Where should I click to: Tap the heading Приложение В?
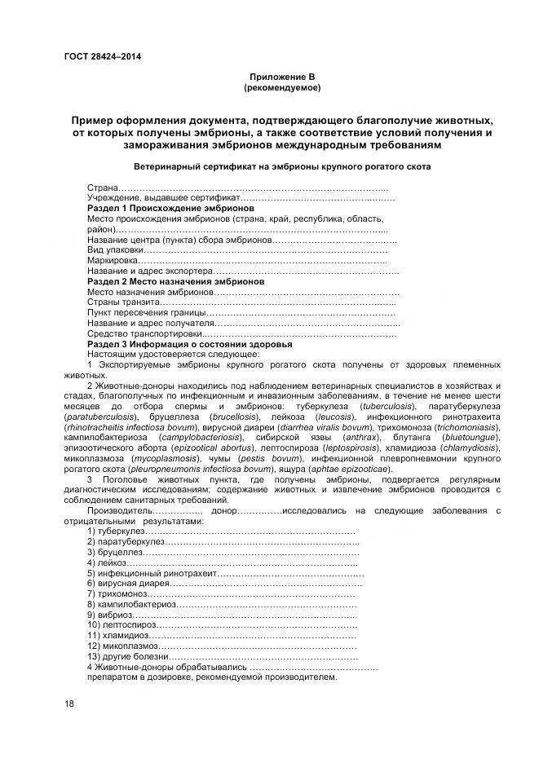coord(282,76)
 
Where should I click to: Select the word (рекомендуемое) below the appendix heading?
coord(282,86)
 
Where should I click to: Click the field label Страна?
coord(103,188)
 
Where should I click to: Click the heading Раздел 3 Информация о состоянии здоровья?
coord(189,344)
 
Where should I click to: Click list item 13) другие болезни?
coord(128,656)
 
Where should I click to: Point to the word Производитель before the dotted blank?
coord(119,510)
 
